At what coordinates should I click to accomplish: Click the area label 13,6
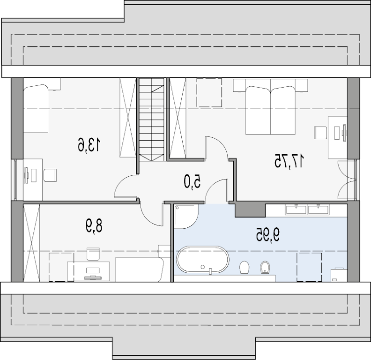(x=89, y=145)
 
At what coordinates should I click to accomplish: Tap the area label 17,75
(x=289, y=161)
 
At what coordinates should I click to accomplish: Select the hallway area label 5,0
(x=193, y=182)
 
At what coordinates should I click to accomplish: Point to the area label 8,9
(x=94, y=226)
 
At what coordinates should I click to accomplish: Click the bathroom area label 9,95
(x=267, y=235)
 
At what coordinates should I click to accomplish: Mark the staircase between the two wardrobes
(x=151, y=120)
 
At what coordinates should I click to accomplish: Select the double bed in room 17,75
(x=270, y=106)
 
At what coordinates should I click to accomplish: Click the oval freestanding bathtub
(x=203, y=260)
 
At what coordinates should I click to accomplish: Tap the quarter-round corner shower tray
(x=186, y=217)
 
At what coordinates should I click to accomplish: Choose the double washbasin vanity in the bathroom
(x=307, y=210)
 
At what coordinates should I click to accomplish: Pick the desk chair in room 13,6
(x=50, y=175)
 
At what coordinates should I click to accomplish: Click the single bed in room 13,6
(x=36, y=108)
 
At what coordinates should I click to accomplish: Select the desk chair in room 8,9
(x=93, y=254)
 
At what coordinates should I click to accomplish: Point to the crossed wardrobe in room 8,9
(x=31, y=243)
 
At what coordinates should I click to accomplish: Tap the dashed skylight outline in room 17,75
(x=209, y=93)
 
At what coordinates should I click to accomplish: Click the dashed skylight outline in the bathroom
(x=309, y=267)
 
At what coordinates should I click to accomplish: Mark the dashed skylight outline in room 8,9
(x=61, y=267)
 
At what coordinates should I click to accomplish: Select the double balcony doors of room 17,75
(x=347, y=180)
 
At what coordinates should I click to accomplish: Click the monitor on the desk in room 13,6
(x=26, y=175)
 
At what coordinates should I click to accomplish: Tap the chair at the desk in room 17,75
(x=320, y=133)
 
